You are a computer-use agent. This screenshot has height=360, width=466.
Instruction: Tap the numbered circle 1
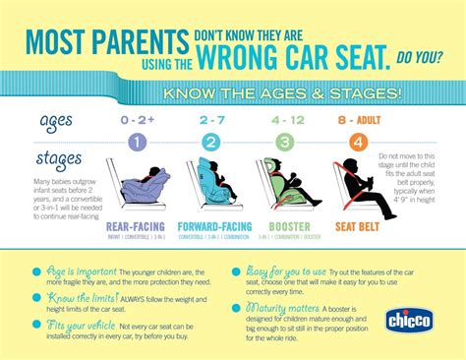click(135, 142)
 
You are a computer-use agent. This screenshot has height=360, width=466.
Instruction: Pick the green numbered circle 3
click(283, 142)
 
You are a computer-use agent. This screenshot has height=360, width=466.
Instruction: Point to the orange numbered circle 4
click(359, 142)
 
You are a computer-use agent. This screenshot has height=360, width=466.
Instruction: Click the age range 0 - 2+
click(135, 119)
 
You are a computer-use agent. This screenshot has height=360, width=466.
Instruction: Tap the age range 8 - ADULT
click(358, 119)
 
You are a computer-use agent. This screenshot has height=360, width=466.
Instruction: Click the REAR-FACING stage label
click(134, 226)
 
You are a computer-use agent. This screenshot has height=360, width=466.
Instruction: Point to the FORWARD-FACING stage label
click(211, 226)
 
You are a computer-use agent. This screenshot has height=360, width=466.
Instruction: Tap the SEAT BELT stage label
click(358, 226)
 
